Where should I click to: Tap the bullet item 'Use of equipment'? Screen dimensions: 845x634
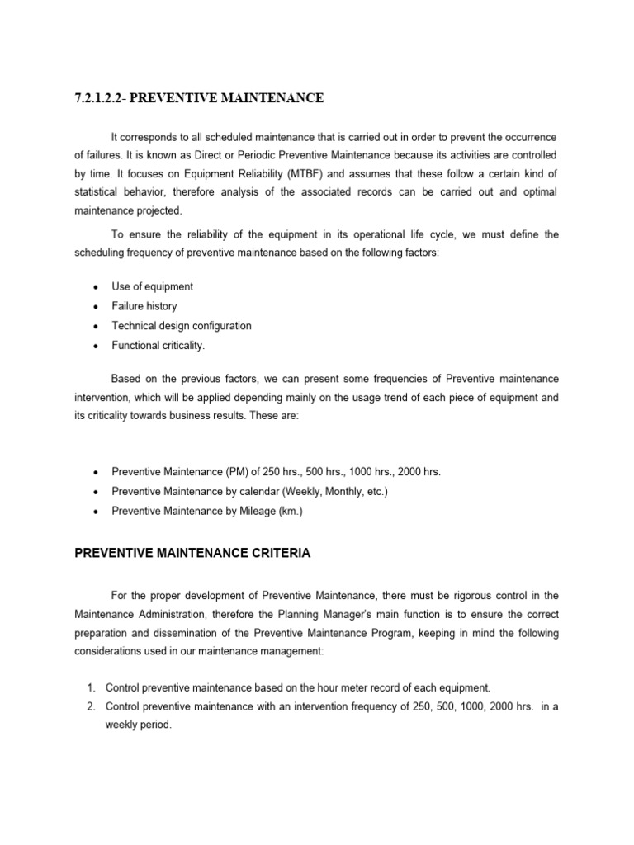[x=152, y=286]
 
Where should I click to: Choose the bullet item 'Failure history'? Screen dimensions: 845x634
[x=144, y=306]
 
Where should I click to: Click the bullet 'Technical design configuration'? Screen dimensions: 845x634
[x=182, y=326]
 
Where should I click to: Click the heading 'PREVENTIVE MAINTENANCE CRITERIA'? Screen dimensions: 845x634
[x=192, y=554]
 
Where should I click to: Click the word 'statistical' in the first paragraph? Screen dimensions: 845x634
[x=97, y=191]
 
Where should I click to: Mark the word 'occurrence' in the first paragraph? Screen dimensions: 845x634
[x=528, y=135]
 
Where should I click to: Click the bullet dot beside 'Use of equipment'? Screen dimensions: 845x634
[x=96, y=287]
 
